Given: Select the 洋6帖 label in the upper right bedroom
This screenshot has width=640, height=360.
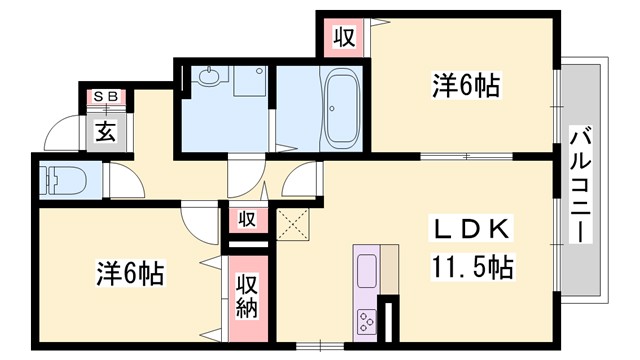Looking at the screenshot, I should click(x=466, y=87).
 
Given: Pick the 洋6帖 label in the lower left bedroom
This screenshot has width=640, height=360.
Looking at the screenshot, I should click(x=130, y=272).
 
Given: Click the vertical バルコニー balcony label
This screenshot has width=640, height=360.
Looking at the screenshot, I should click(x=579, y=185).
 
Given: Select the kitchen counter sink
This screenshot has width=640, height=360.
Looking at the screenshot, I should click(x=367, y=270).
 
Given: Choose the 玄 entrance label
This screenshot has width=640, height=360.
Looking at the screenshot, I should click(x=104, y=129).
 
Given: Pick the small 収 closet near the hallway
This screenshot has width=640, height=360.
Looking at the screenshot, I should click(x=247, y=219).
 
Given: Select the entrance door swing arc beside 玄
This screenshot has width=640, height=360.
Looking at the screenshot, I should click(x=63, y=132).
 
